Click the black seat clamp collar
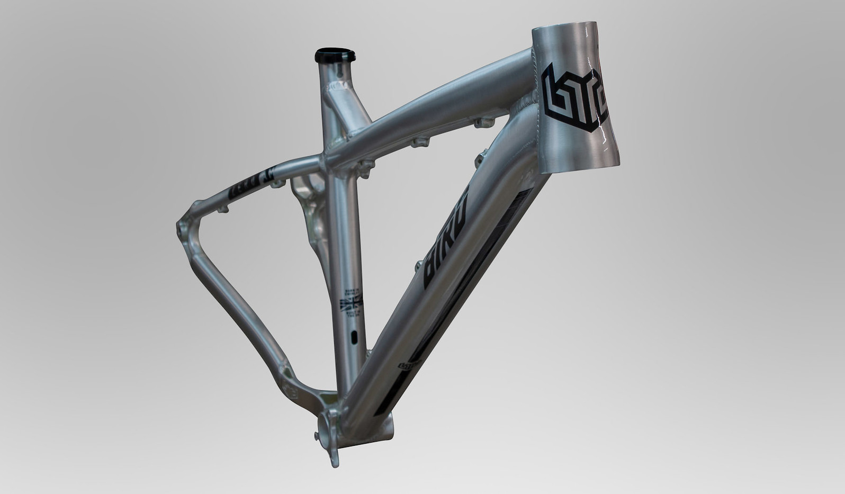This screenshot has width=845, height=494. coord(335,55)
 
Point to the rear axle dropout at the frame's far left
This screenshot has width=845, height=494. coord(183,230)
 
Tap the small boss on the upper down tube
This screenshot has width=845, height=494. coord(481,156)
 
